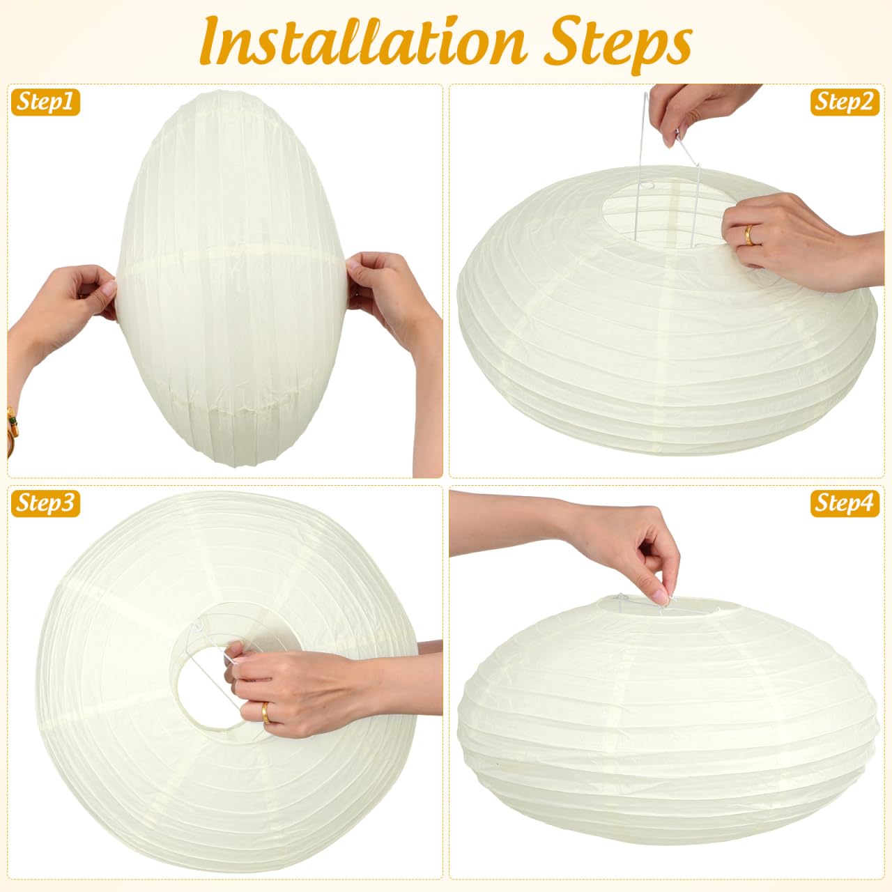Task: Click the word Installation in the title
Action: pyautogui.click(x=363, y=42)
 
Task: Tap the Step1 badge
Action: pyautogui.click(x=45, y=102)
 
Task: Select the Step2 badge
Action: pyautogui.click(x=845, y=102)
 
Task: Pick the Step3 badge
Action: pyautogui.click(x=45, y=504)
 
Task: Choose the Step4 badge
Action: pyautogui.click(x=845, y=504)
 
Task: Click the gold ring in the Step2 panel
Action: pyautogui.click(x=749, y=235)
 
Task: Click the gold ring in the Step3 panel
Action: pyautogui.click(x=266, y=713)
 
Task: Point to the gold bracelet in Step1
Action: pyautogui.click(x=12, y=431)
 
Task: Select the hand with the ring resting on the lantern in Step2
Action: pyautogui.click(x=787, y=240)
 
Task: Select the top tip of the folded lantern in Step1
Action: pyautogui.click(x=226, y=92)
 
